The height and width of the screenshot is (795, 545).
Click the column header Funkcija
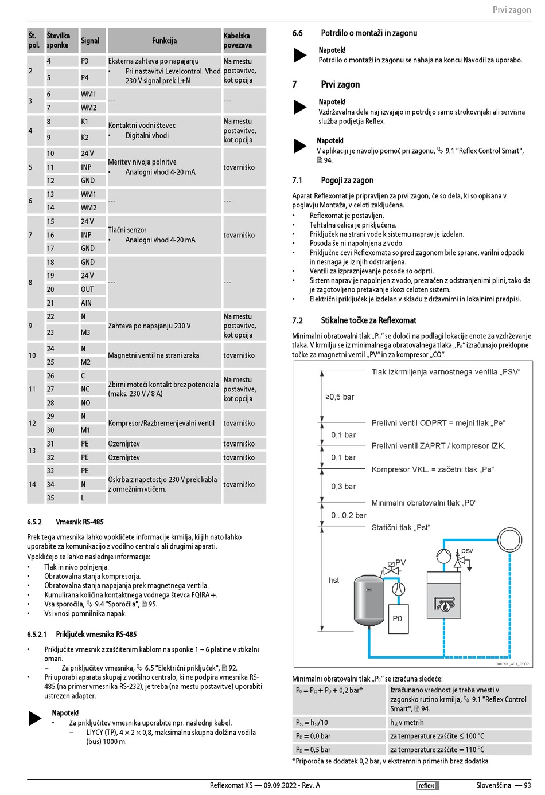(164, 41)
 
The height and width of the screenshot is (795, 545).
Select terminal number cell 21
(50, 303)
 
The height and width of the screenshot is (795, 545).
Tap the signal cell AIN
(86, 303)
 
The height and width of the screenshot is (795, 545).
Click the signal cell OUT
(87, 289)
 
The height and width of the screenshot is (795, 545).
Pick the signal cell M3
(85, 332)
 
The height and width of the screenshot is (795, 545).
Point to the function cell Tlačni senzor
(127, 230)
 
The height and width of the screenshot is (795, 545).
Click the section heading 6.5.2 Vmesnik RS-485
(65, 522)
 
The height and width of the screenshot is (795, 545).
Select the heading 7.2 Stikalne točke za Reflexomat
(354, 320)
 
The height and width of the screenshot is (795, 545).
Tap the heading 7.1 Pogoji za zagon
(333, 181)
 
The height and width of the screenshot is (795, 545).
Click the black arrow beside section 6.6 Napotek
(300, 55)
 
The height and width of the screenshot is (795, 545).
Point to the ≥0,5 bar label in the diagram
(340, 397)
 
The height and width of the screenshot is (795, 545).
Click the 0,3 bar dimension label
(343, 487)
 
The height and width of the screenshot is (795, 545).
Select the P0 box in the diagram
(398, 618)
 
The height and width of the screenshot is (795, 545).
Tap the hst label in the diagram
(334, 580)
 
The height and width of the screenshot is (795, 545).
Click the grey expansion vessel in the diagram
(368, 600)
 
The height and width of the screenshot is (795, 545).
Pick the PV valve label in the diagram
(400, 562)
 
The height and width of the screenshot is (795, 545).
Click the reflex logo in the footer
(426, 785)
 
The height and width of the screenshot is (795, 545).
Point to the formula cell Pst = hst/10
(312, 723)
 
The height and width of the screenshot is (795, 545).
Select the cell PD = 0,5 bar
(313, 750)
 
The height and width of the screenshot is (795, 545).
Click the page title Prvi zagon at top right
(512, 10)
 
